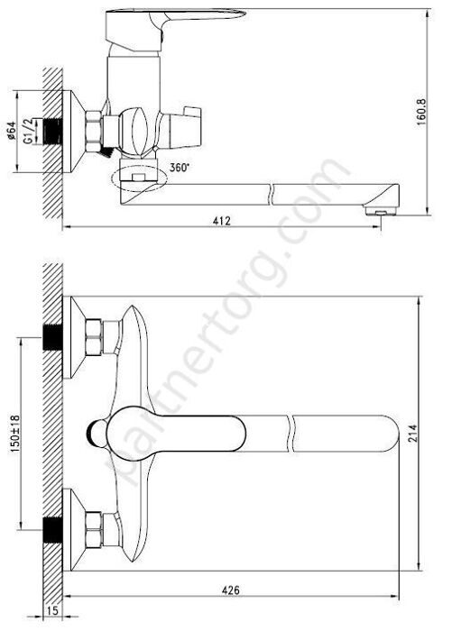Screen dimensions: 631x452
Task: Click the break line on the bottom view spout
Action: click(291, 433)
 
